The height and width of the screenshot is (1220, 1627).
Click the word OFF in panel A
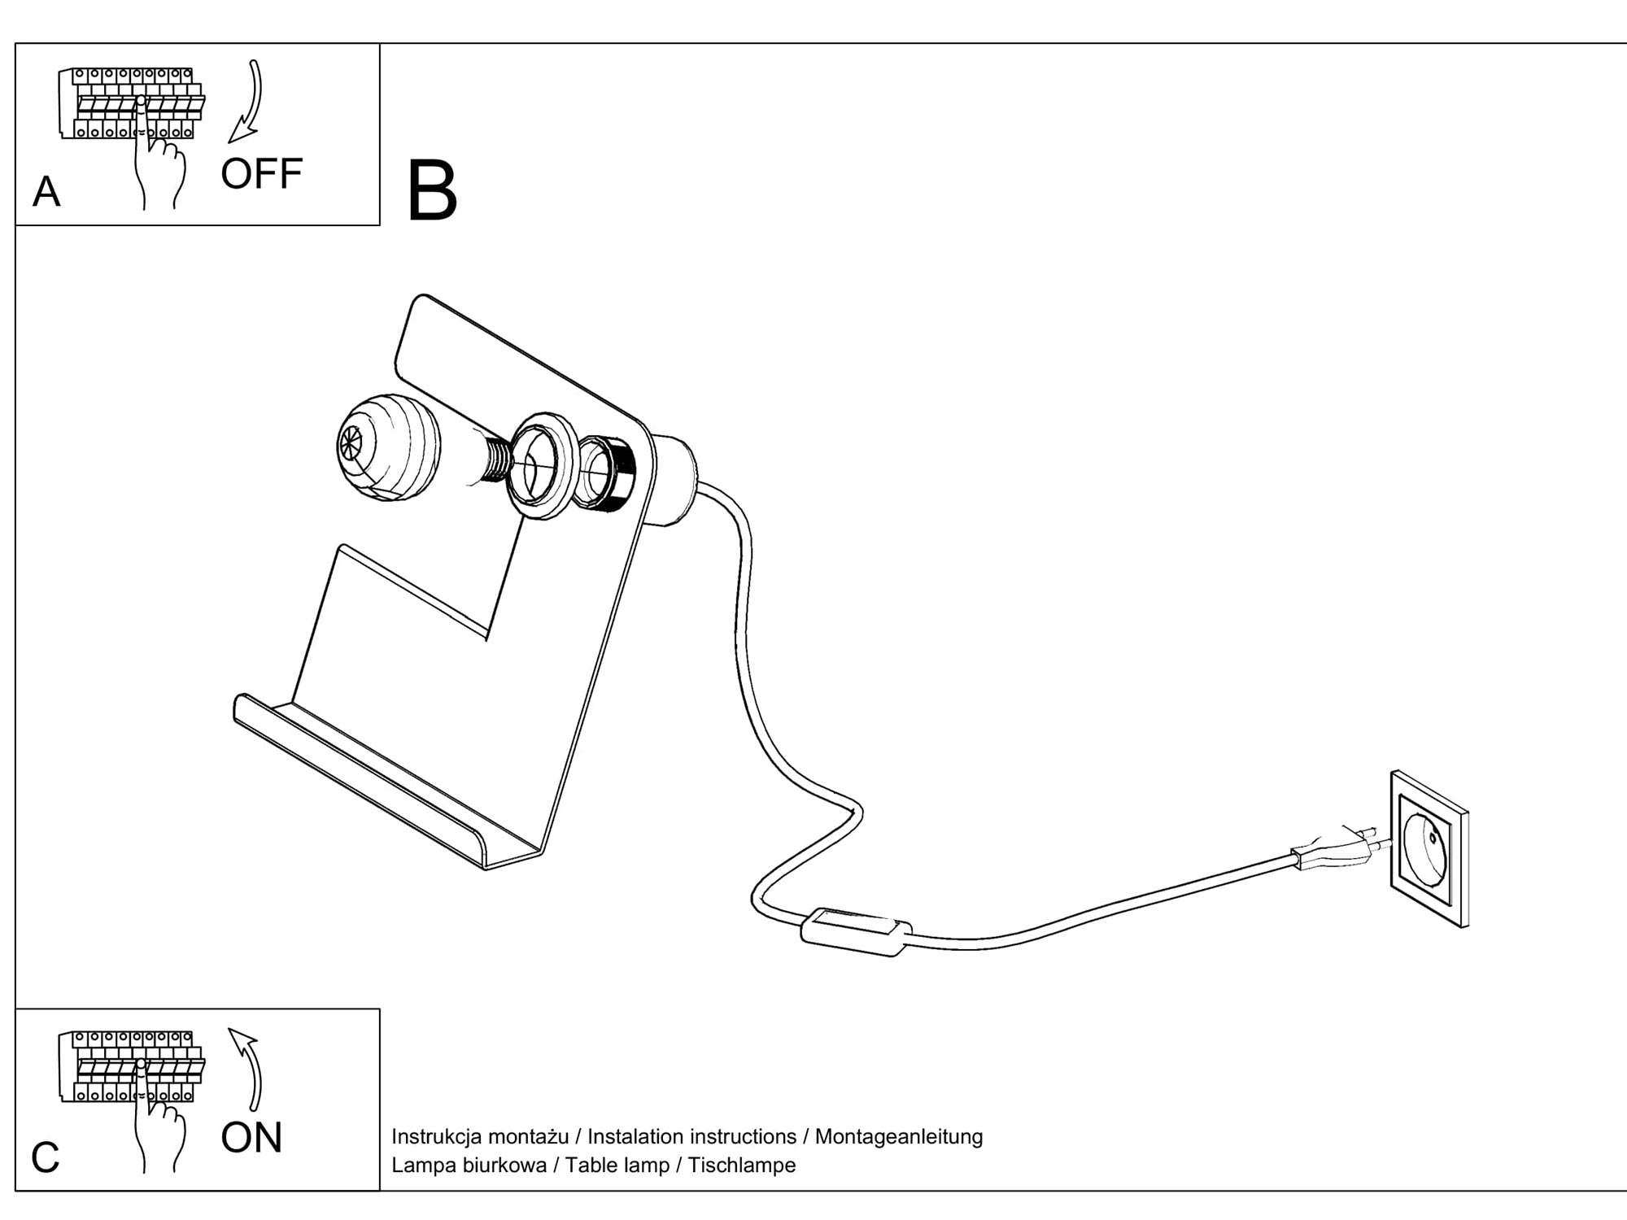click(261, 174)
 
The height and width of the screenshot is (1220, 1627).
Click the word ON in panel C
click(251, 1137)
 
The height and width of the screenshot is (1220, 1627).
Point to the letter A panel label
click(46, 193)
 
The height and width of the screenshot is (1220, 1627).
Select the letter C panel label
click(46, 1157)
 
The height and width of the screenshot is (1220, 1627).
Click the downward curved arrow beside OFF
click(247, 102)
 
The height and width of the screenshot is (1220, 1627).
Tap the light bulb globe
click(388, 447)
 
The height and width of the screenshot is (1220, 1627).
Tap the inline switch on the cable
click(856, 931)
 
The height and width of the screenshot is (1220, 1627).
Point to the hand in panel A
click(159, 167)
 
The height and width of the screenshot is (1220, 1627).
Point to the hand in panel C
click(159, 1131)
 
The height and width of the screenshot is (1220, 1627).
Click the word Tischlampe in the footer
click(741, 1165)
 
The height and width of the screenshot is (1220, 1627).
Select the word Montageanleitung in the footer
click(898, 1136)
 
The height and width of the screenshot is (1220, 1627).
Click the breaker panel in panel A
click(130, 102)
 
